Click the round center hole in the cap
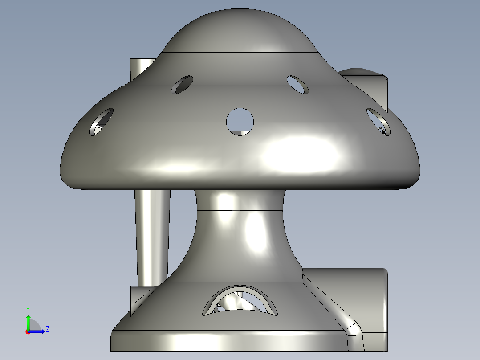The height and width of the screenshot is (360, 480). [x=240, y=120]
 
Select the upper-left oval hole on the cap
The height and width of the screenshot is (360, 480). [x=182, y=85]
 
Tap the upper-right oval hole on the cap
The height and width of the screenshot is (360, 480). [x=298, y=84]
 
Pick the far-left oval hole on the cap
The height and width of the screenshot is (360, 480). [x=102, y=122]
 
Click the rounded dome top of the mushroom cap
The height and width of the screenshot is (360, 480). [x=240, y=31]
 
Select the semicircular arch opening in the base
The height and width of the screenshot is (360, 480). [x=240, y=301]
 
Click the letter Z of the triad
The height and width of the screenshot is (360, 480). [x=47, y=330]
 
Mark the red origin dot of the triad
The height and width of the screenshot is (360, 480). [x=28, y=332]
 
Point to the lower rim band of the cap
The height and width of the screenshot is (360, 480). [x=240, y=178]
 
